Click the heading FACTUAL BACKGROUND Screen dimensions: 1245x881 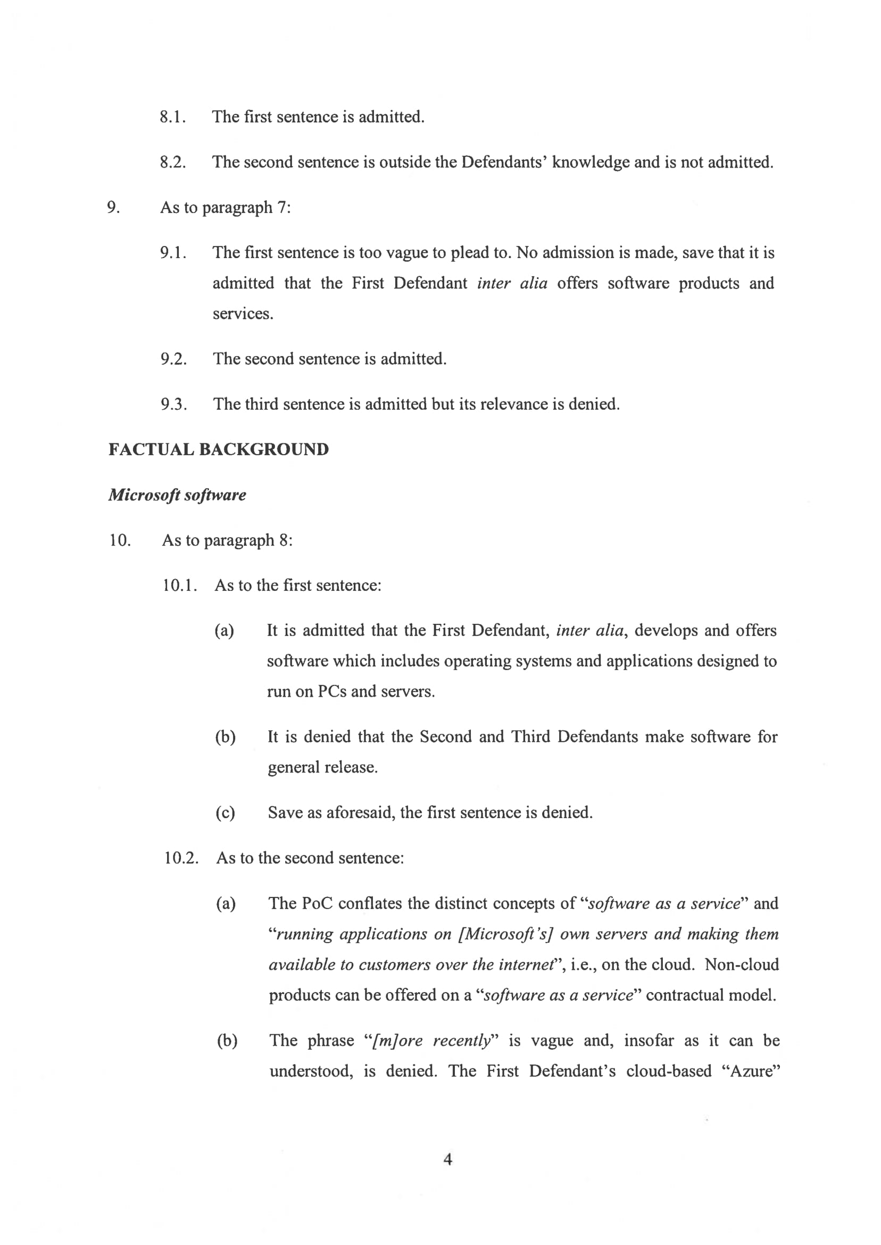pos(218,449)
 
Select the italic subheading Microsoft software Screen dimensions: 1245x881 pos(177,495)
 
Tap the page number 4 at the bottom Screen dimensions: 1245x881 pos(447,1159)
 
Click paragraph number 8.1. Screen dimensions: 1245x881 pos(173,117)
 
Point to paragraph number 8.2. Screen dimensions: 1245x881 pos(173,162)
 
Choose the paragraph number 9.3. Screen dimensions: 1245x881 pos(173,405)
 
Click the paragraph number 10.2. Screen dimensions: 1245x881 pos(181,858)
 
